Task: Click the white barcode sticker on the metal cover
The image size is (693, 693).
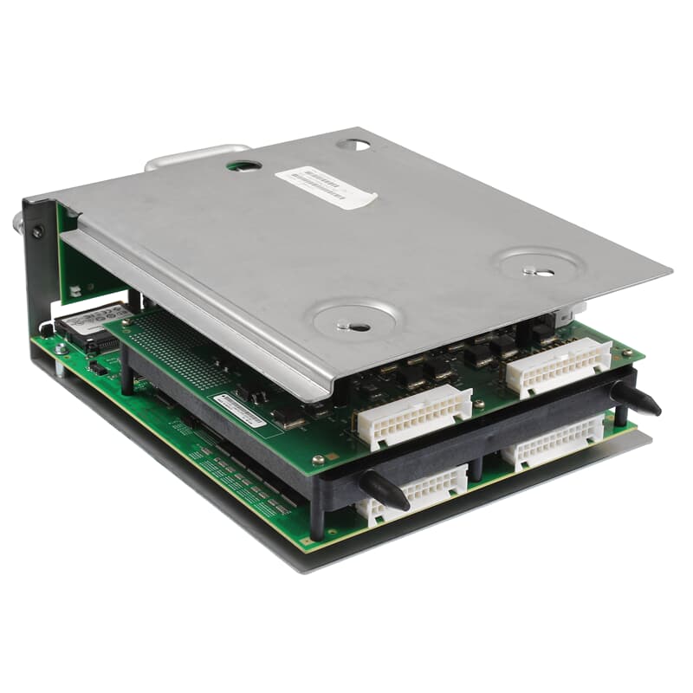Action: click(326, 185)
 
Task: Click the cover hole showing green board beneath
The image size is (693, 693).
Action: click(245, 164)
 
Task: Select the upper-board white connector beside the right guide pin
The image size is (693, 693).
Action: click(559, 365)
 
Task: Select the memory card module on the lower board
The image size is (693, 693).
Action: click(90, 325)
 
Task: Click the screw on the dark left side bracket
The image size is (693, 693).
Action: click(36, 232)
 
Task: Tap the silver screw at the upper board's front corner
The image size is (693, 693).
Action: click(318, 459)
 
